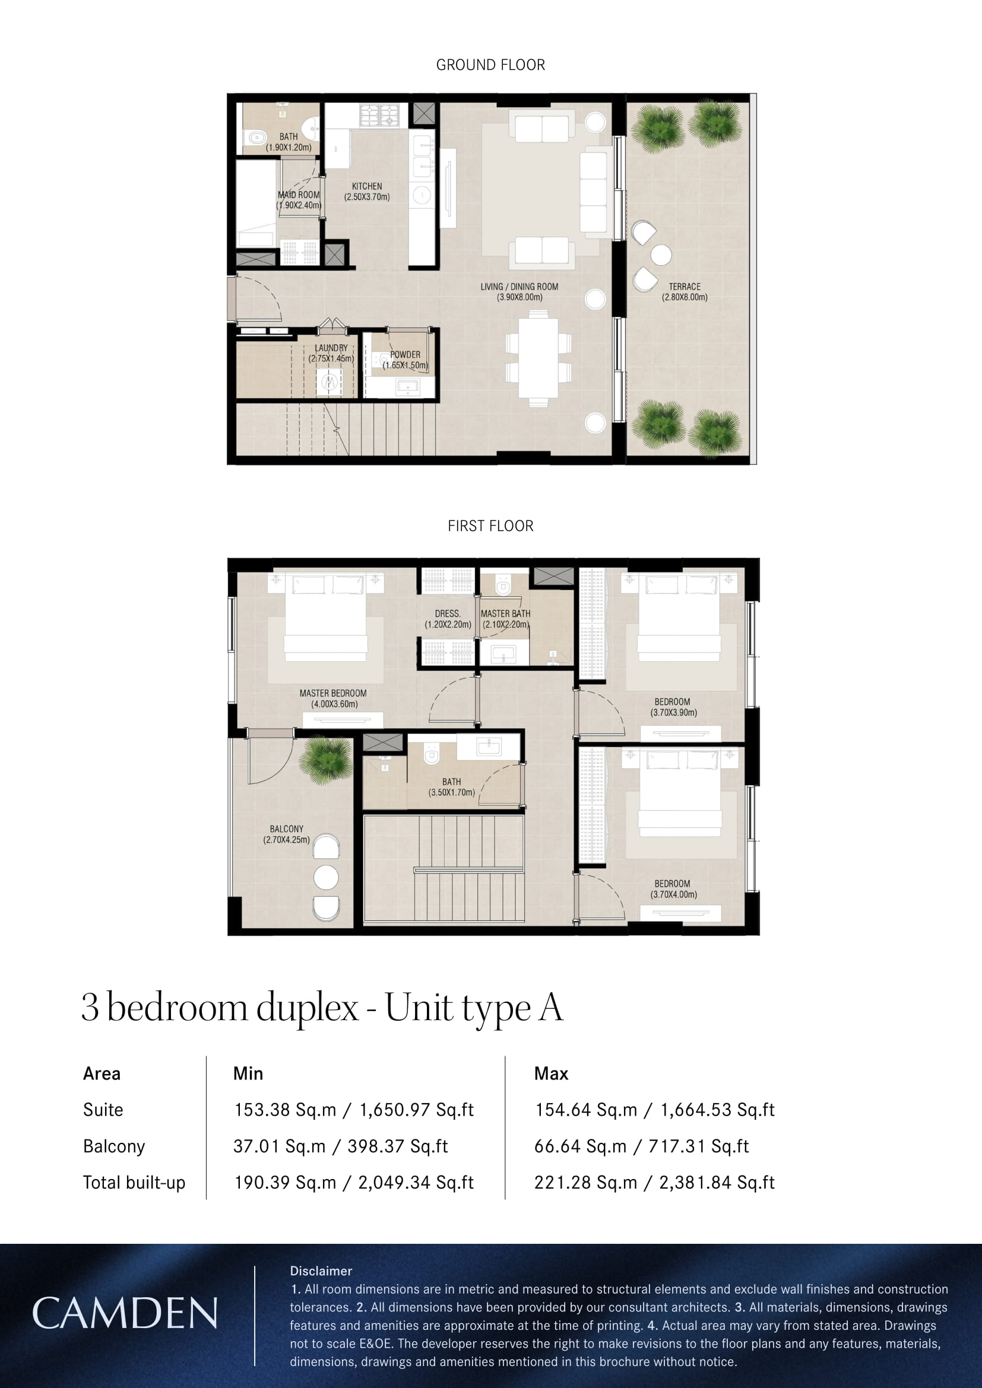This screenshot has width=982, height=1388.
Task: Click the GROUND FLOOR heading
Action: point(490,65)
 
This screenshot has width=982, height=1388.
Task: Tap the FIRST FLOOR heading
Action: point(490,526)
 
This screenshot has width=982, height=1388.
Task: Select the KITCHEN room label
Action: point(367,192)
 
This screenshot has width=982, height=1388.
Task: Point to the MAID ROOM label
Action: point(299,200)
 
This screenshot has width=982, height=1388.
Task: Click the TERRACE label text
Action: point(685,292)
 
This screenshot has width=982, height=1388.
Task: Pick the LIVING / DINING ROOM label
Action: point(519,292)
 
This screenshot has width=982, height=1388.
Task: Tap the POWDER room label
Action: point(405,360)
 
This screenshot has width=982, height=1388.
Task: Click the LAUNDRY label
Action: point(331,353)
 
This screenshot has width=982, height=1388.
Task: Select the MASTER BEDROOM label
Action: point(333,698)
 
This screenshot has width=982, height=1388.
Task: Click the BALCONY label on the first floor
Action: point(287,834)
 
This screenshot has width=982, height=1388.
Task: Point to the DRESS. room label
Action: point(448,618)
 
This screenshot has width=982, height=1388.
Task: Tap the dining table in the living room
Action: point(538,358)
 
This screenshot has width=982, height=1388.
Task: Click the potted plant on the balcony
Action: point(326,760)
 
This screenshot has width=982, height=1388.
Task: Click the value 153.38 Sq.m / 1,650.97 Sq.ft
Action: point(354,1110)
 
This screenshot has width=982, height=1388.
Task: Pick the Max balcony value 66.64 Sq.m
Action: point(581,1146)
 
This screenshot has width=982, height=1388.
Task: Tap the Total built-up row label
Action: point(134,1183)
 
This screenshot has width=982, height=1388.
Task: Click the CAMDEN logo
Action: point(125,1313)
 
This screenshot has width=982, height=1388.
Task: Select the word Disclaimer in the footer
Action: point(321,1271)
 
